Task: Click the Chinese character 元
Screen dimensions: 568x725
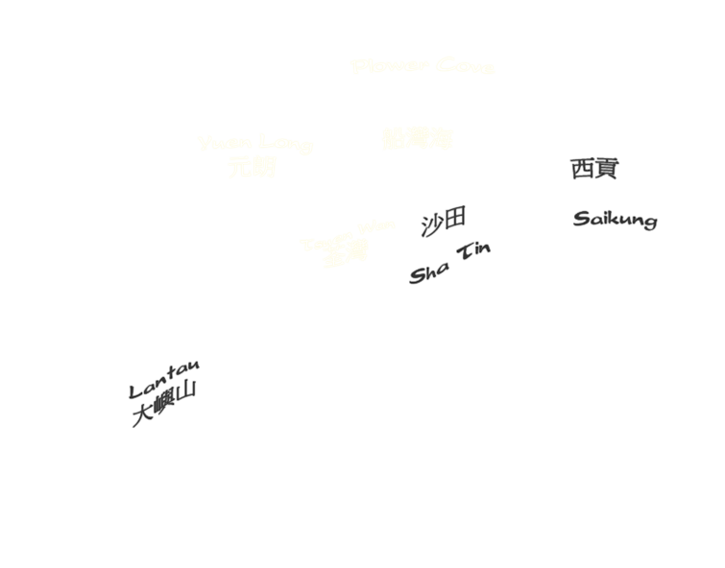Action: point(240,169)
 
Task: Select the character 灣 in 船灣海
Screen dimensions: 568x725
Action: point(417,140)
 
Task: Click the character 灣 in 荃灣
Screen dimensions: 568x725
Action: point(356,252)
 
